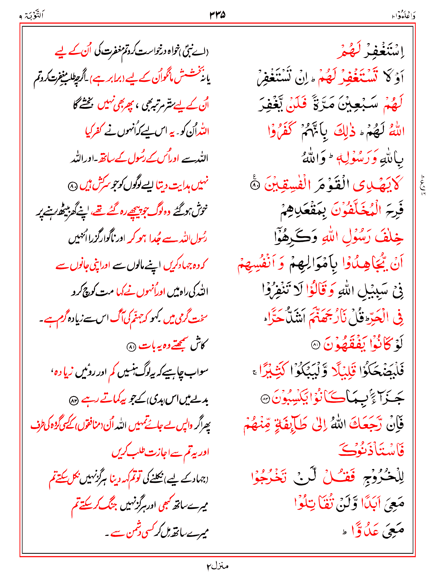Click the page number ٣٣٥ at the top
[x=217, y=15]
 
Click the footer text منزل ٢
[x=217, y=566]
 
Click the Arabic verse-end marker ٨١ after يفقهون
[x=315, y=345]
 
